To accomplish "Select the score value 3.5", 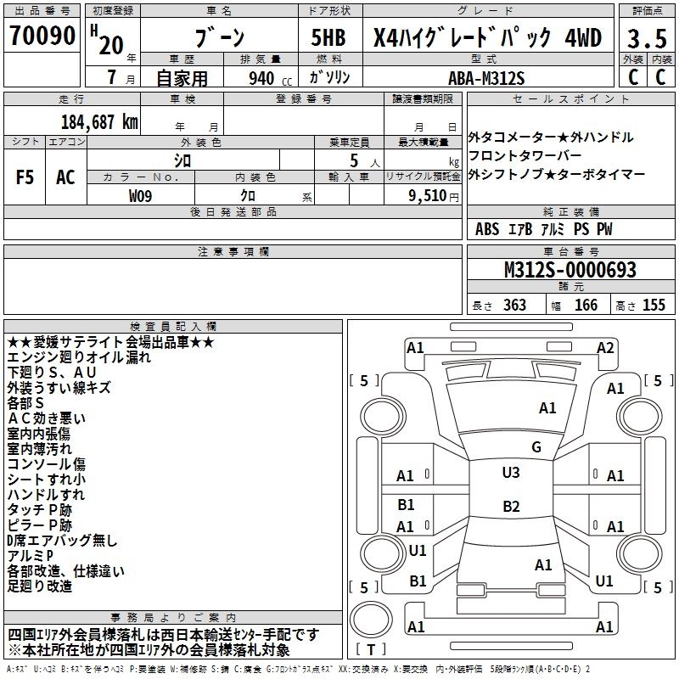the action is click(x=647, y=39).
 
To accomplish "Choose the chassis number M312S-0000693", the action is click(x=570, y=271).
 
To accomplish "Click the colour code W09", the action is click(x=141, y=195).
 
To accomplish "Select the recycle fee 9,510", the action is click(x=428, y=195).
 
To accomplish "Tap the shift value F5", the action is click(x=25, y=178).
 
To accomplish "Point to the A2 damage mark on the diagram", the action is click(x=605, y=347).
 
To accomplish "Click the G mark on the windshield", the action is click(x=536, y=447).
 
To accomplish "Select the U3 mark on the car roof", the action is click(x=511, y=473).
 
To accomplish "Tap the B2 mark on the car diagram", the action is click(x=511, y=507).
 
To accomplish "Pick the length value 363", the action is click(x=513, y=305).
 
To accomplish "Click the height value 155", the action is click(x=654, y=305).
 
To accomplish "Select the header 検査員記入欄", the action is click(x=173, y=326).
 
